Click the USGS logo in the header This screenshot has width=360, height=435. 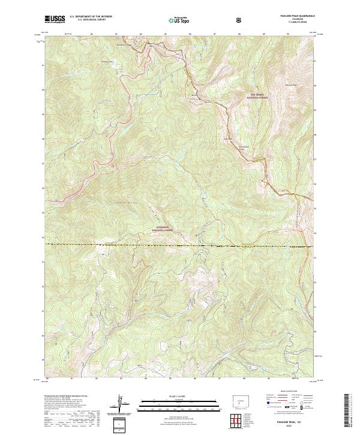(x=55, y=19)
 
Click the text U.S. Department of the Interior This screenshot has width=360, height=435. (x=91, y=17)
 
